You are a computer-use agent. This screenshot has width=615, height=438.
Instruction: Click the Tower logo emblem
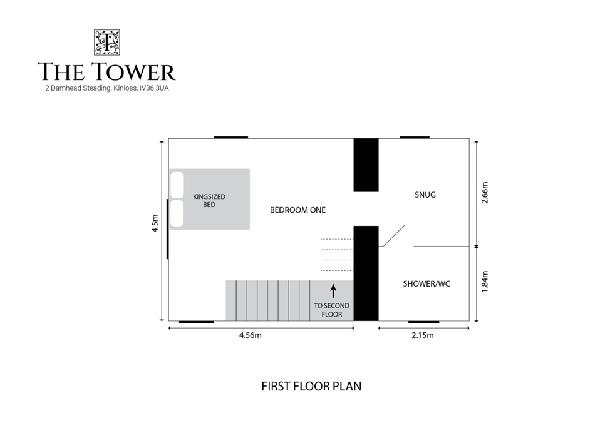point(106,43)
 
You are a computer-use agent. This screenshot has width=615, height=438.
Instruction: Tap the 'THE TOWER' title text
point(106,71)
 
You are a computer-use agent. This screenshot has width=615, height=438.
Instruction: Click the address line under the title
point(107,88)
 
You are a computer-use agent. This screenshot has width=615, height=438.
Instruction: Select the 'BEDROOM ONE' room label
point(297,210)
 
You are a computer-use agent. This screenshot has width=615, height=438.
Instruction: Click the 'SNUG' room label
point(425,195)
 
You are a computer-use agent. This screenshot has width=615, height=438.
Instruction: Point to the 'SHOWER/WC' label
point(426,283)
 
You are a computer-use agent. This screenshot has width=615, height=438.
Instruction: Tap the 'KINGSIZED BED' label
point(209,201)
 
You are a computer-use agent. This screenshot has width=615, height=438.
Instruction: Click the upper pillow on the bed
point(177,185)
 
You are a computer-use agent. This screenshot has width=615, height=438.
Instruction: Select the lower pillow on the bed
point(177,213)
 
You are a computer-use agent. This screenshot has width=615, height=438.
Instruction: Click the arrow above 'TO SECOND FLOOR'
point(333,291)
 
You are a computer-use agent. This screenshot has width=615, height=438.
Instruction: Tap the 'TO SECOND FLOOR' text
point(331,310)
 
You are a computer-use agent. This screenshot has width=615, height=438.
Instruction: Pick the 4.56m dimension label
point(251,335)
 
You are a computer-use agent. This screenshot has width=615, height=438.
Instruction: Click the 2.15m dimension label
point(423,335)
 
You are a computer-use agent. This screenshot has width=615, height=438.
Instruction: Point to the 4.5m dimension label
point(155,223)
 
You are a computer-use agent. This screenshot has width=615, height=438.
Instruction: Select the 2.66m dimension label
point(485,192)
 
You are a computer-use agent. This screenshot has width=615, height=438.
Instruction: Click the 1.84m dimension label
point(485,282)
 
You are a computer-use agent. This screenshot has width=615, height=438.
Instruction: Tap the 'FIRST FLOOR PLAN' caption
point(311,386)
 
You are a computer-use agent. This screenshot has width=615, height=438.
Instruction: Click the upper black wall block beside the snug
point(366,165)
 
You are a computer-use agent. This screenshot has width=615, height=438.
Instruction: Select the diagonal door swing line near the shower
point(394,236)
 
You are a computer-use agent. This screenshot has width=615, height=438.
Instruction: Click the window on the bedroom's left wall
point(168,229)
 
